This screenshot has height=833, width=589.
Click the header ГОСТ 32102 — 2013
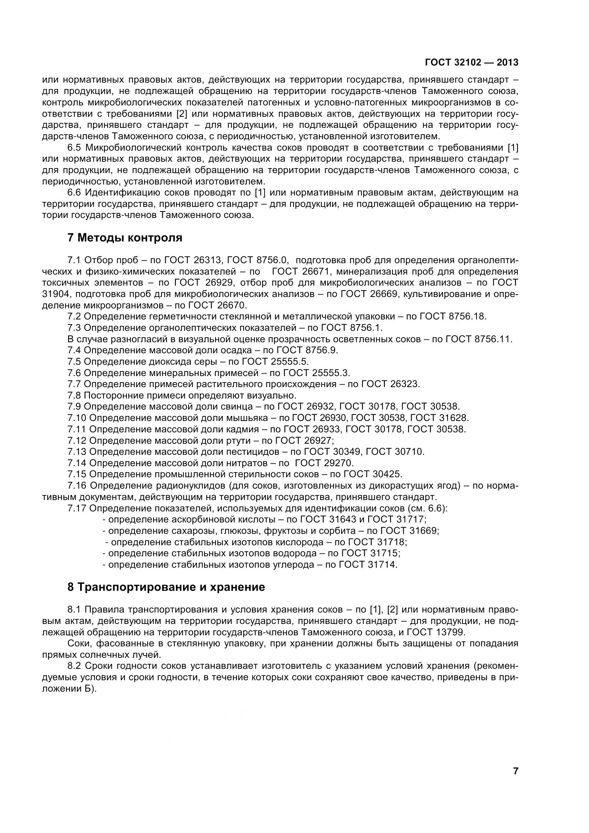(471, 62)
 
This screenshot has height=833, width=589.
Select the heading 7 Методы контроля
(125, 238)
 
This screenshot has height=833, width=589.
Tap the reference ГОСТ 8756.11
(478, 339)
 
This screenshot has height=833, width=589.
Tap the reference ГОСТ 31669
(410, 531)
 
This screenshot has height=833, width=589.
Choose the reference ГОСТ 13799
(436, 632)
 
